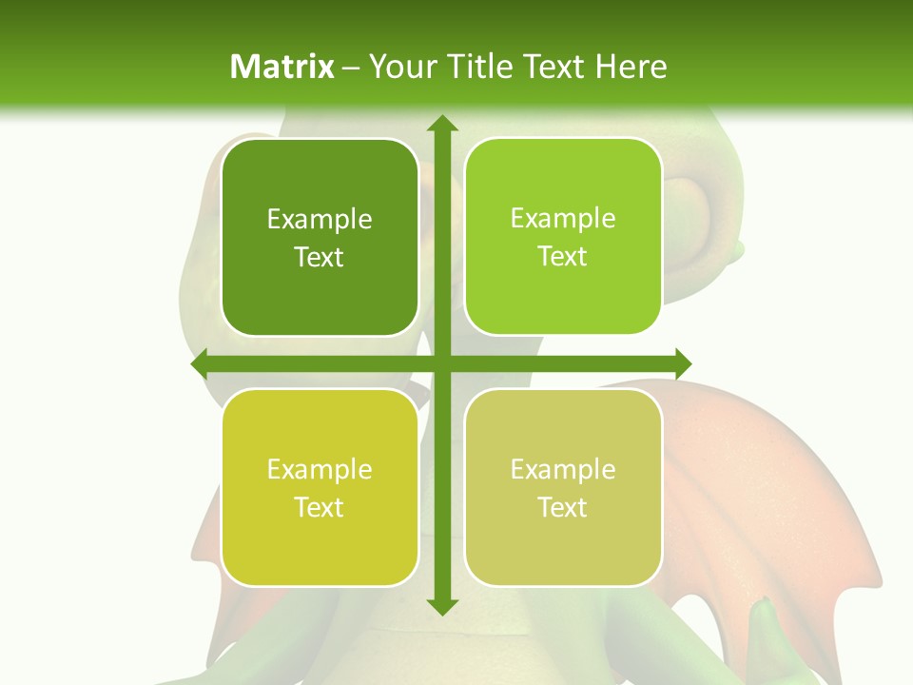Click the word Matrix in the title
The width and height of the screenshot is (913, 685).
(282, 67)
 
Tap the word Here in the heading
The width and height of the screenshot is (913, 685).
(631, 67)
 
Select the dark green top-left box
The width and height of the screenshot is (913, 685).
(320, 238)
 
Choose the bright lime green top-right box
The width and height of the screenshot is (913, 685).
(563, 237)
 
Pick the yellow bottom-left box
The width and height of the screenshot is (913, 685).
(320, 487)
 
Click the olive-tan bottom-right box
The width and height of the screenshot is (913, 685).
(563, 487)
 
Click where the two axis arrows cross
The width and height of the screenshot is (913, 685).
(441, 363)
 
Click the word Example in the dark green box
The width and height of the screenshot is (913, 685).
(320, 220)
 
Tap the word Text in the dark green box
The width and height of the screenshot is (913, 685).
(320, 257)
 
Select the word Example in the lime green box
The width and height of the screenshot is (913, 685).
(563, 219)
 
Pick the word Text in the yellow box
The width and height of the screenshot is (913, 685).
(320, 507)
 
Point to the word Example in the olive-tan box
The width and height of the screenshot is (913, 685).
(563, 469)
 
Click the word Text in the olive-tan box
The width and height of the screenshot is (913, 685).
(563, 507)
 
